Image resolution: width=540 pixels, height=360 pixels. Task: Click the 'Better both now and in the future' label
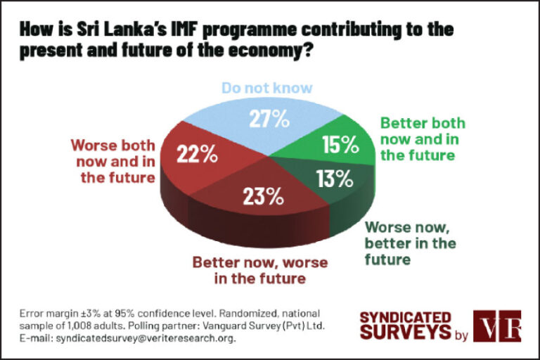pyautogui.click(x=423, y=139)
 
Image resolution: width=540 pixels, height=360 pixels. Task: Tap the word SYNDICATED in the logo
pyautogui.click(x=405, y=316)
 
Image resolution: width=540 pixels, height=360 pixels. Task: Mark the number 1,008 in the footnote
pyautogui.click(x=96, y=326)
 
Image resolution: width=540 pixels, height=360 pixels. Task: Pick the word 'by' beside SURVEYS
pyautogui.click(x=461, y=336)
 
